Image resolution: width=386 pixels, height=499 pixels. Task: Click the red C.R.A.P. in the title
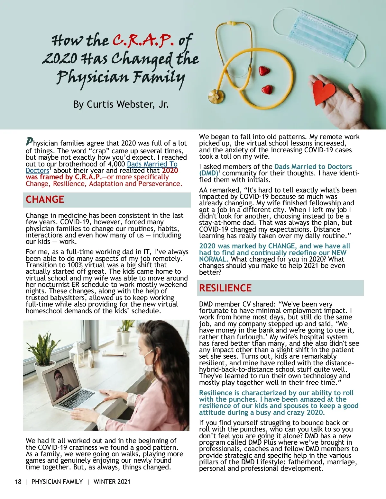pyautogui.click(x=143, y=40)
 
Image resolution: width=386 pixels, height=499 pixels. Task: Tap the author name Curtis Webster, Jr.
pyautogui.click(x=121, y=104)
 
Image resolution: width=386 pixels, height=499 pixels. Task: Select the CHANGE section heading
pyautogui.click(x=45, y=200)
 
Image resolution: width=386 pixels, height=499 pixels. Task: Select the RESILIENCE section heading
pyautogui.click(x=225, y=288)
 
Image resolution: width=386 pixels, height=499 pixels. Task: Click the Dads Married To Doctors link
pyautogui.click(x=152, y=164)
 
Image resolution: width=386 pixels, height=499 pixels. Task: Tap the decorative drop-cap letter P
pyautogui.click(x=29, y=141)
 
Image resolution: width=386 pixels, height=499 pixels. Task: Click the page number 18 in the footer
pyautogui.click(x=18, y=482)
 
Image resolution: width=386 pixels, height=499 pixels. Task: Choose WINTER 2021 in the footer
pyautogui.click(x=112, y=482)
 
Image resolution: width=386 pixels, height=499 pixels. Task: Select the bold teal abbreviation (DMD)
pyautogui.click(x=208, y=173)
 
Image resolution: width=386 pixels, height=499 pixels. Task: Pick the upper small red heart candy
pyautogui.click(x=264, y=70)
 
